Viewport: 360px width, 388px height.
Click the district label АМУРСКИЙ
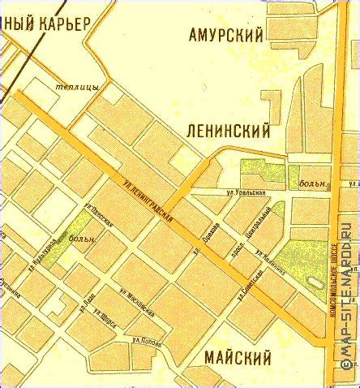(226, 35)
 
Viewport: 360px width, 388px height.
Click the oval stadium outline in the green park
(314, 283)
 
